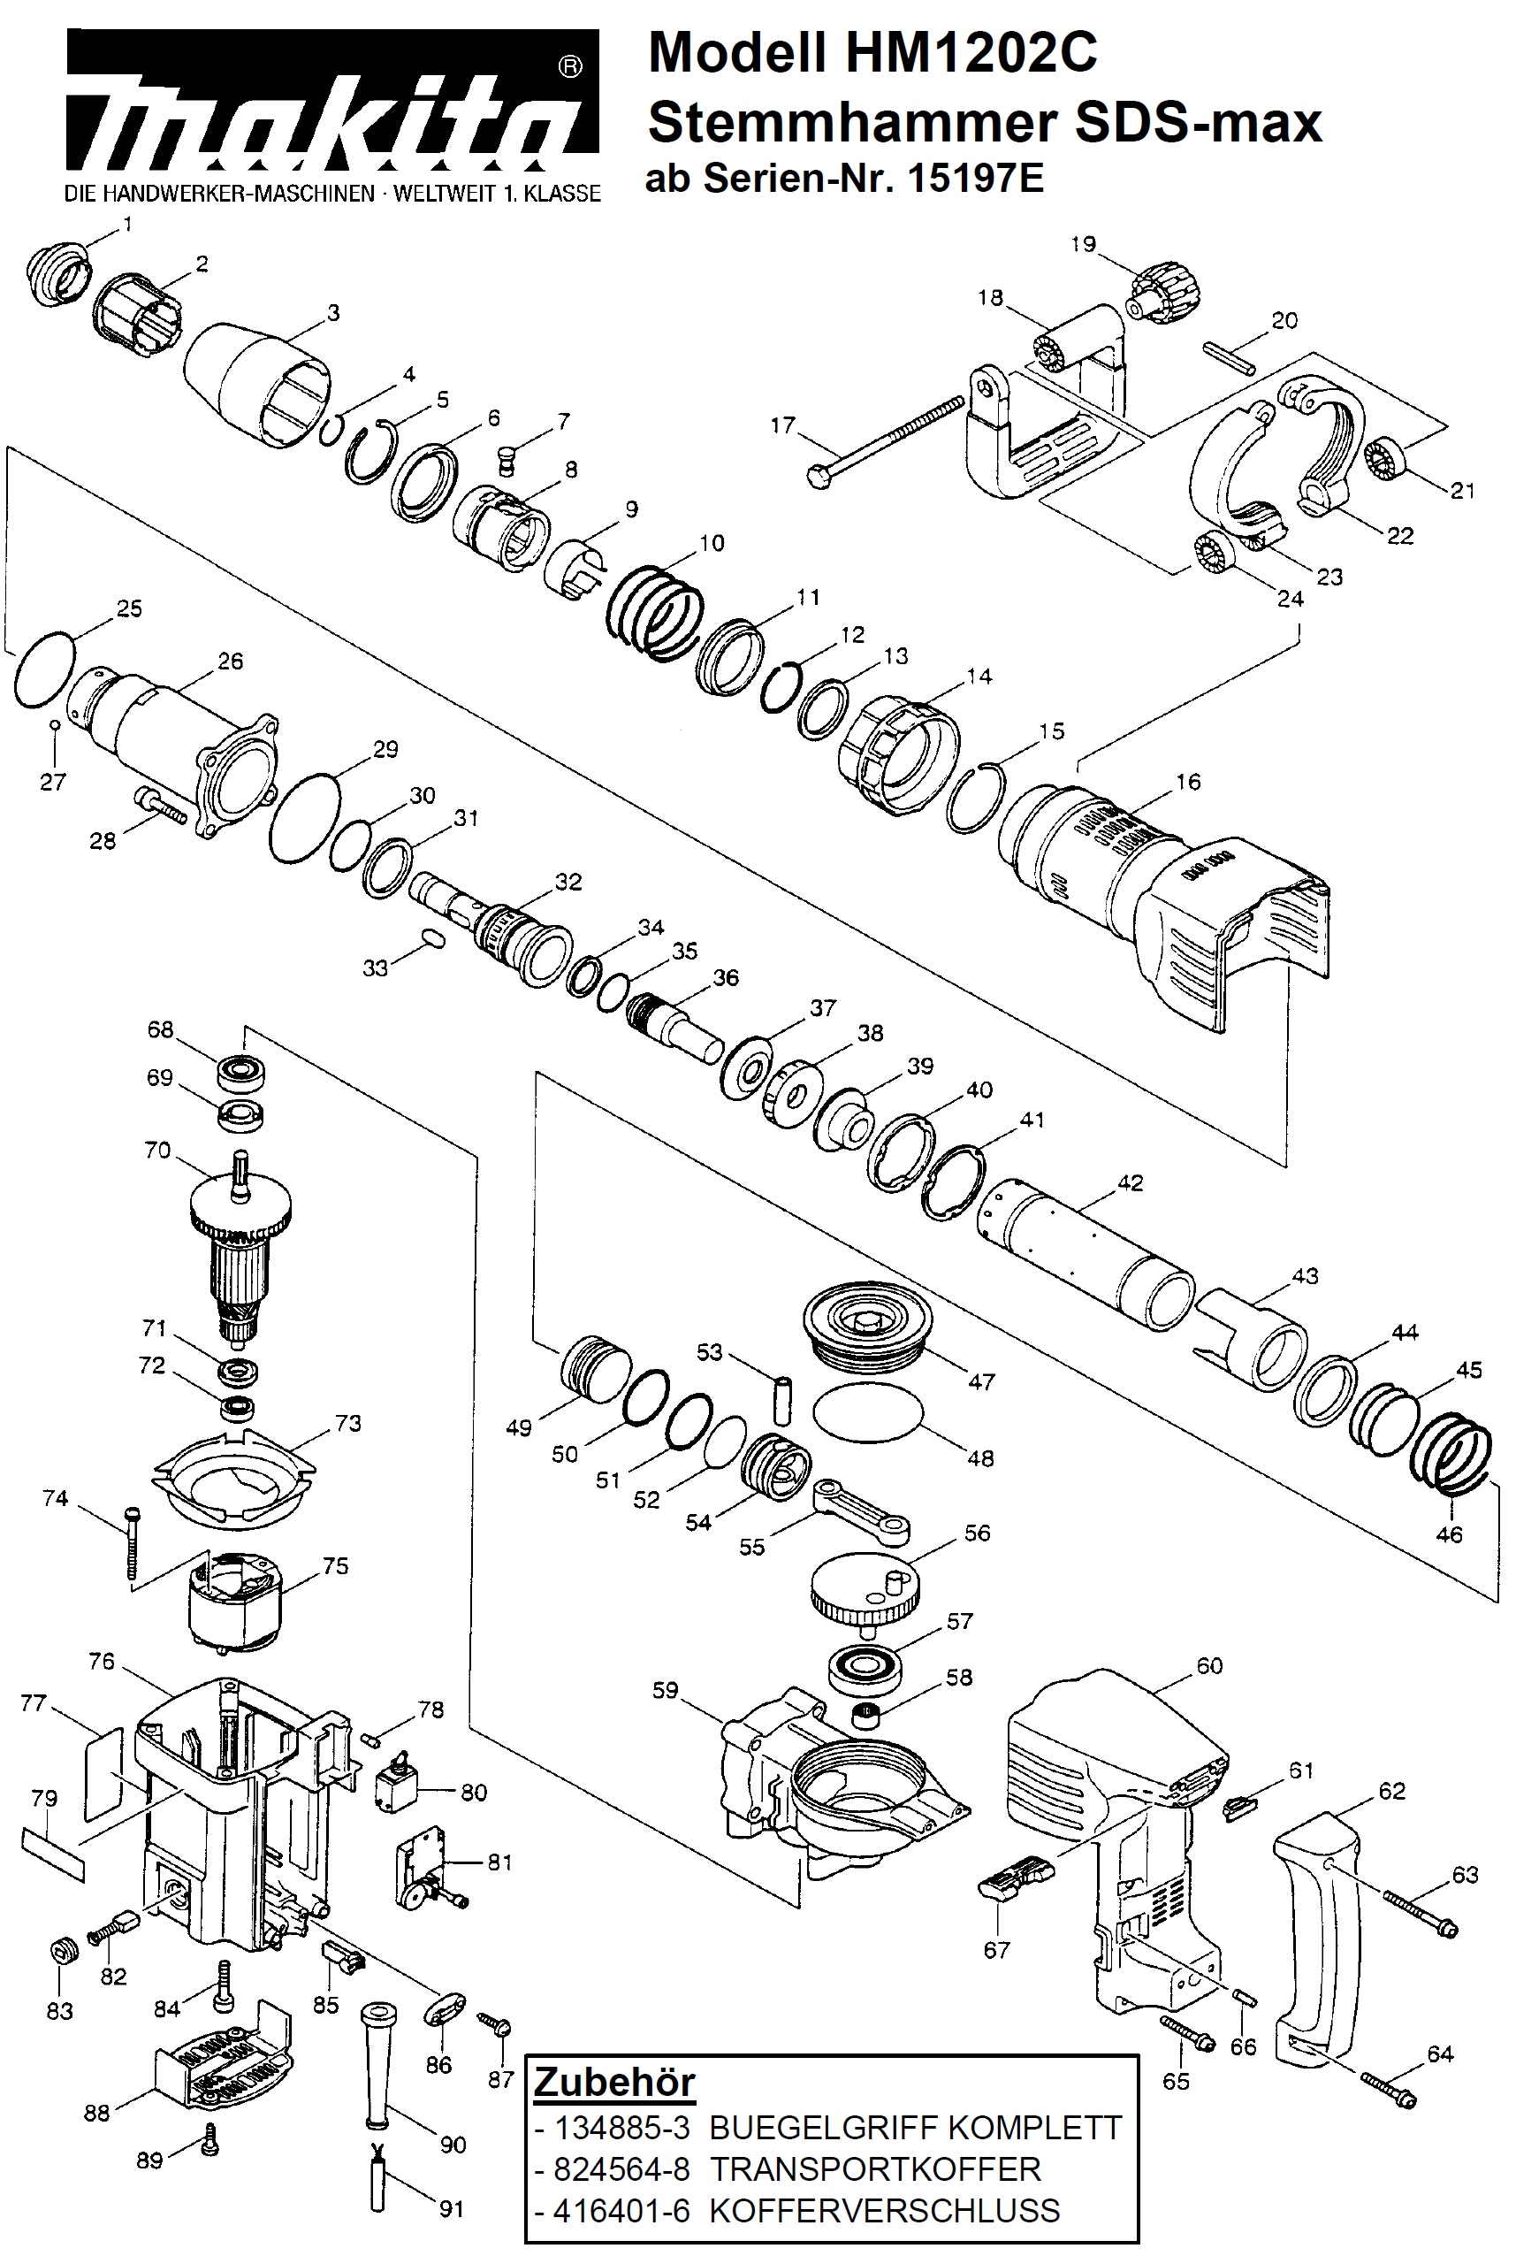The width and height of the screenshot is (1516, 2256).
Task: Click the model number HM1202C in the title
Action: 971,52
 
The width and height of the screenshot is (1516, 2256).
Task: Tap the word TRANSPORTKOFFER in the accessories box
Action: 875,2169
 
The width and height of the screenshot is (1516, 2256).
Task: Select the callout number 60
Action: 1209,1665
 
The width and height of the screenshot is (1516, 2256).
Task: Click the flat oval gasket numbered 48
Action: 867,1413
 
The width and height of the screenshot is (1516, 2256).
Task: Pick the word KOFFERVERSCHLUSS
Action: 885,2211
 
